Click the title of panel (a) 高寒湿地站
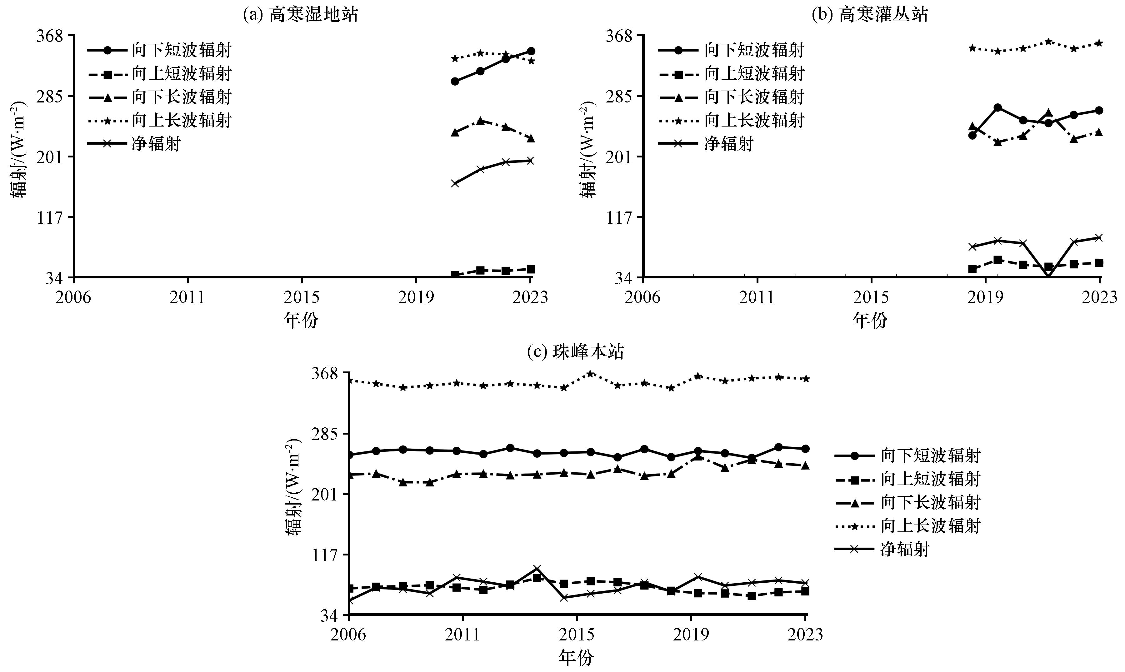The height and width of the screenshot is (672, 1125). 301,14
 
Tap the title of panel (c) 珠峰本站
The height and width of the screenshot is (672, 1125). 576,352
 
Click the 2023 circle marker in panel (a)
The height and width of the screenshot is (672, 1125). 531,51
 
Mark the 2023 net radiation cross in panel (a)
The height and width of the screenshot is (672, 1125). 531,160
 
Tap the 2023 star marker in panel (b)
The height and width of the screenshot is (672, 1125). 1099,43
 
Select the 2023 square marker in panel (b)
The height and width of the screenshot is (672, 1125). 1099,263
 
